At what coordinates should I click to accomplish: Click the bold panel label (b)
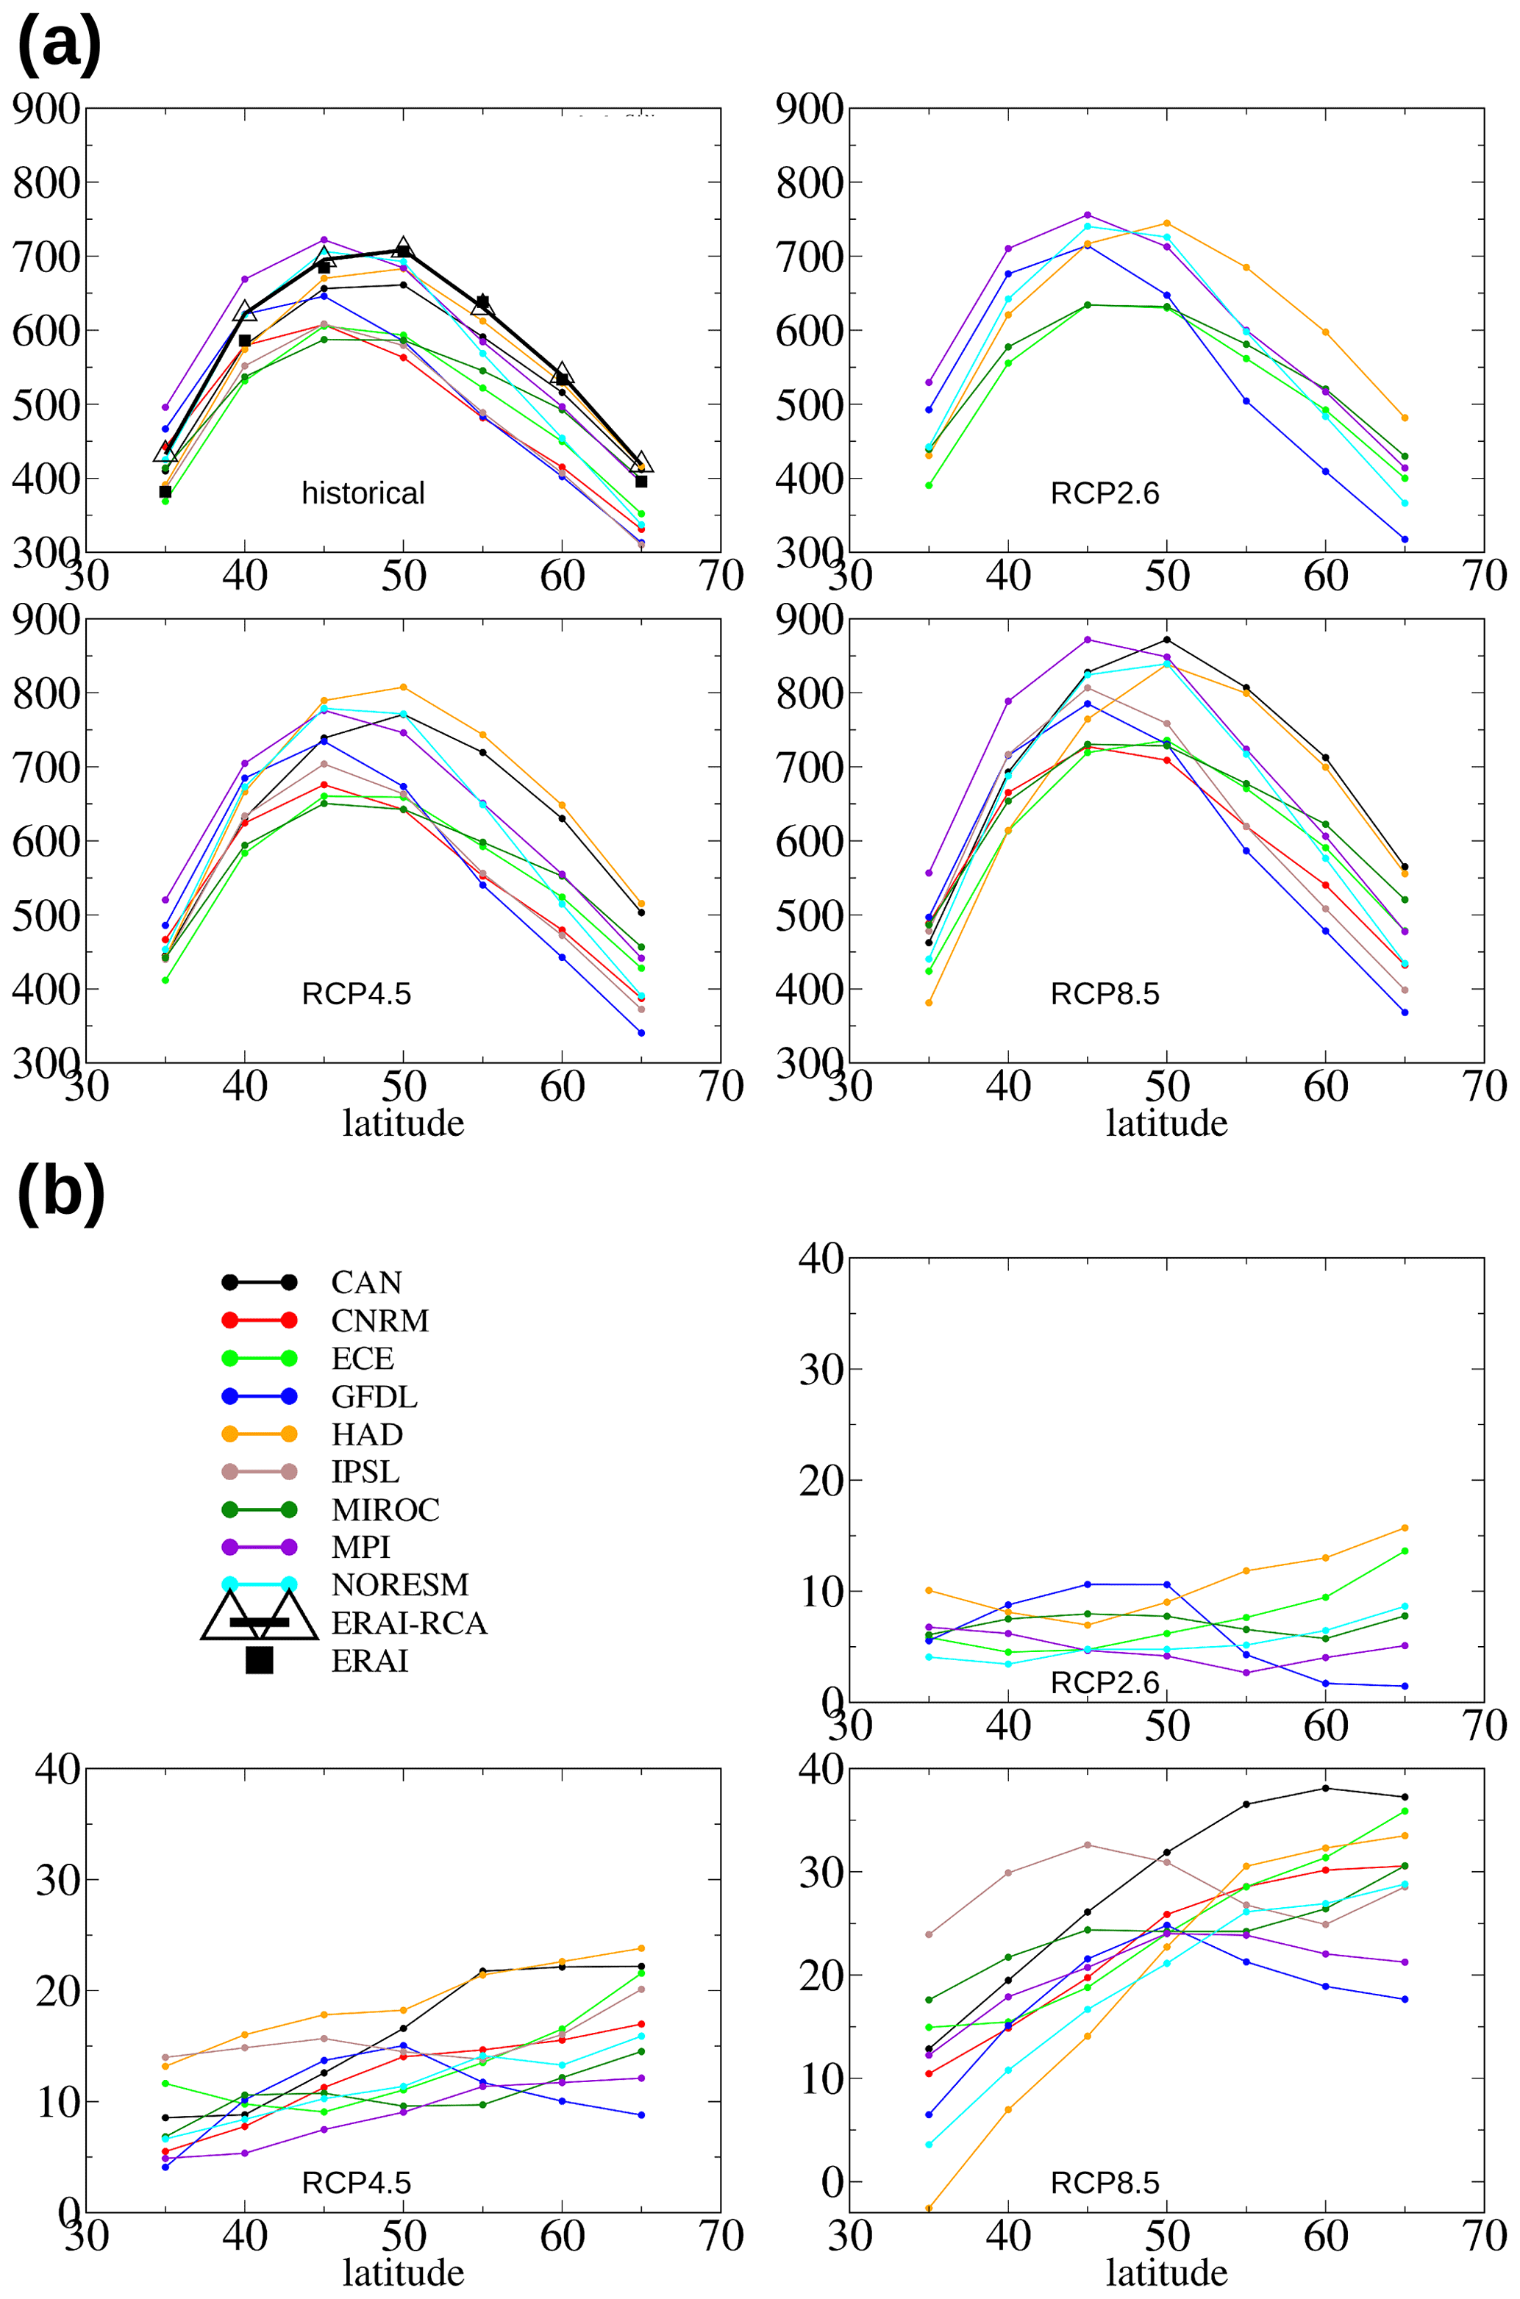[60, 1194]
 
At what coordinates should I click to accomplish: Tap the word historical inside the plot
[363, 493]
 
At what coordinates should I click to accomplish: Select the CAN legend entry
[365, 1282]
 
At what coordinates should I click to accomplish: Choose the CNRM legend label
[379, 1320]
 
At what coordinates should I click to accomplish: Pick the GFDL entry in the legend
[374, 1397]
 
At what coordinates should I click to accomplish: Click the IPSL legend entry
[365, 1472]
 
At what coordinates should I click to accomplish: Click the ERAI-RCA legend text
[408, 1623]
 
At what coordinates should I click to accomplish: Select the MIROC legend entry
[385, 1509]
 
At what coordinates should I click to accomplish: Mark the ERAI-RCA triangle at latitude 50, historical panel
[403, 248]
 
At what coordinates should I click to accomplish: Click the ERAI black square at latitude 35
[165, 491]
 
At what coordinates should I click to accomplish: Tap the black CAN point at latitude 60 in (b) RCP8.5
[1325, 1788]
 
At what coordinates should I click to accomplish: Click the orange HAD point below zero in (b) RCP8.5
[929, 2208]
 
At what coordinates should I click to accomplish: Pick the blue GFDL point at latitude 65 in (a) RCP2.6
[1405, 539]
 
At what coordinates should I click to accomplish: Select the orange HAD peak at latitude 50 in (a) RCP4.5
[403, 687]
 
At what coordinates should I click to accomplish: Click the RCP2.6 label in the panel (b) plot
[1104, 1683]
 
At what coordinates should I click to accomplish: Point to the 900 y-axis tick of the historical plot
[46, 110]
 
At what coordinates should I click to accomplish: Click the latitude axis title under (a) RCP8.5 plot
[1166, 1123]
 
